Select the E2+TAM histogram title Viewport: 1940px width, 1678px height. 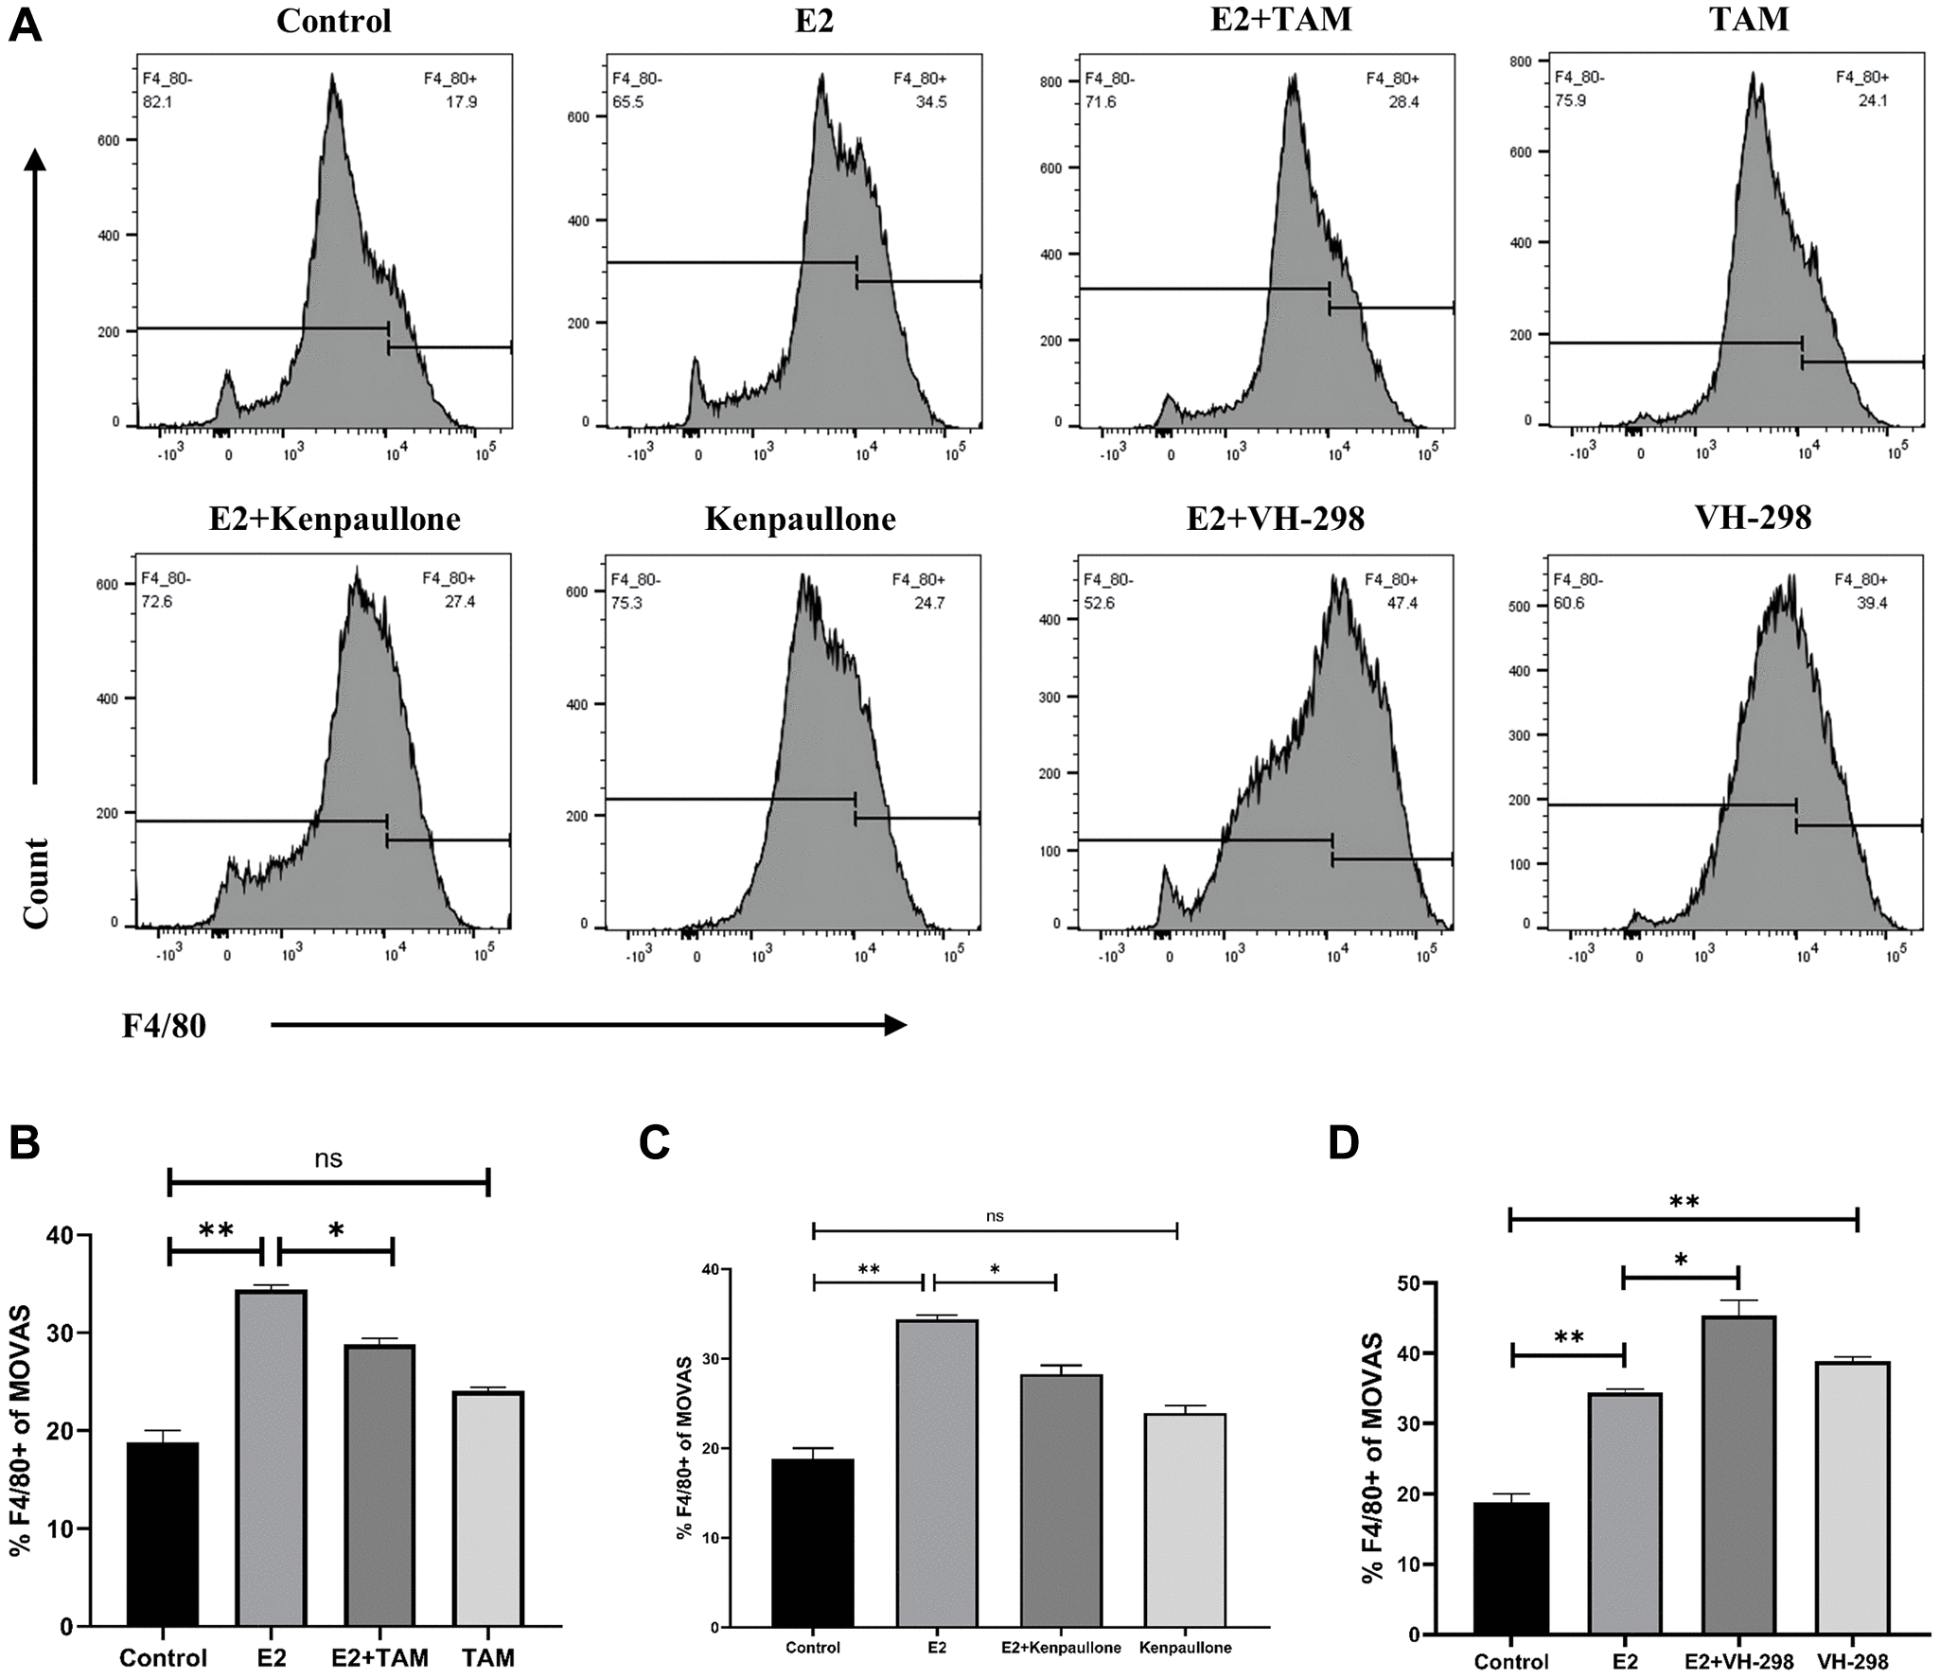(1280, 19)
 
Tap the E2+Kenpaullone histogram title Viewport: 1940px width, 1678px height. (335, 519)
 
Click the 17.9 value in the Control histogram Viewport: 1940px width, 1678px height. (462, 102)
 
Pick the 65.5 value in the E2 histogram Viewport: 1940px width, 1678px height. (628, 101)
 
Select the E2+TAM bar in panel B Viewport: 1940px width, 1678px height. (379, 1485)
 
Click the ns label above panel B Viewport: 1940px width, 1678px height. (328, 1158)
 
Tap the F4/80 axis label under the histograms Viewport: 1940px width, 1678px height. (164, 1026)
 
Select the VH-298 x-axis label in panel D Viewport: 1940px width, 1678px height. (1852, 1662)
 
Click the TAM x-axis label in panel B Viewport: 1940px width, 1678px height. (488, 1657)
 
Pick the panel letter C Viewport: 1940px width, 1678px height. (655, 1143)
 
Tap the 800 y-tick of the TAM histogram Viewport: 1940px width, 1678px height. (1520, 62)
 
